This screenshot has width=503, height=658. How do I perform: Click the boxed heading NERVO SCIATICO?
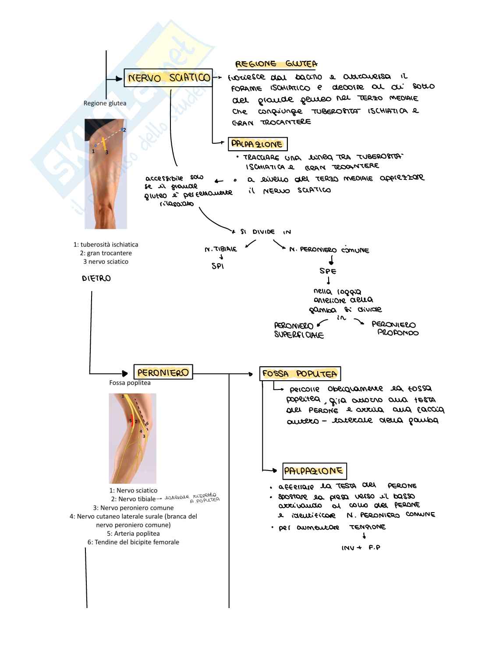click(168, 78)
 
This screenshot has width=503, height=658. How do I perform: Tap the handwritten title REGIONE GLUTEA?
click(276, 64)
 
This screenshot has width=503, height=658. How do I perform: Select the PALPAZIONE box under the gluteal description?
click(257, 144)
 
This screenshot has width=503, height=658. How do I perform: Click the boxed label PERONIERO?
click(163, 372)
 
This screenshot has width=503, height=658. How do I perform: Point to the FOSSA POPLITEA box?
click(300, 374)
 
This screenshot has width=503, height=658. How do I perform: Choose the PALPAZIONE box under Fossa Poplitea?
click(314, 471)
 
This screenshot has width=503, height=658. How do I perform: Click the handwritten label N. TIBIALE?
click(221, 249)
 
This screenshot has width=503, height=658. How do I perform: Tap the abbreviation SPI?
click(218, 266)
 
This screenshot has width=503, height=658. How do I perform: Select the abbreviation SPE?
click(328, 271)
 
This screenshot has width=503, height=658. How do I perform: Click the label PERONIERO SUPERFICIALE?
click(299, 330)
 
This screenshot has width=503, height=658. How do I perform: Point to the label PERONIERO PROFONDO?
click(394, 329)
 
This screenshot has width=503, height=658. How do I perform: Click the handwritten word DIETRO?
click(96, 278)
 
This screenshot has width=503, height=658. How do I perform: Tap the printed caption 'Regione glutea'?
click(105, 103)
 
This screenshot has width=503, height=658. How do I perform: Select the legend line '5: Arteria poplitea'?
click(133, 534)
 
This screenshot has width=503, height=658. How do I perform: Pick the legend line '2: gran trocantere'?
click(106, 253)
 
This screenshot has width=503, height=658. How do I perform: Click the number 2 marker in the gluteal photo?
click(124, 130)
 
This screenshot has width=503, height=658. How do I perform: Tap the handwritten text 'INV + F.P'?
click(361, 548)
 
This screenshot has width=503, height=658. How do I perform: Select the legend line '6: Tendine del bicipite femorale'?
click(133, 542)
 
